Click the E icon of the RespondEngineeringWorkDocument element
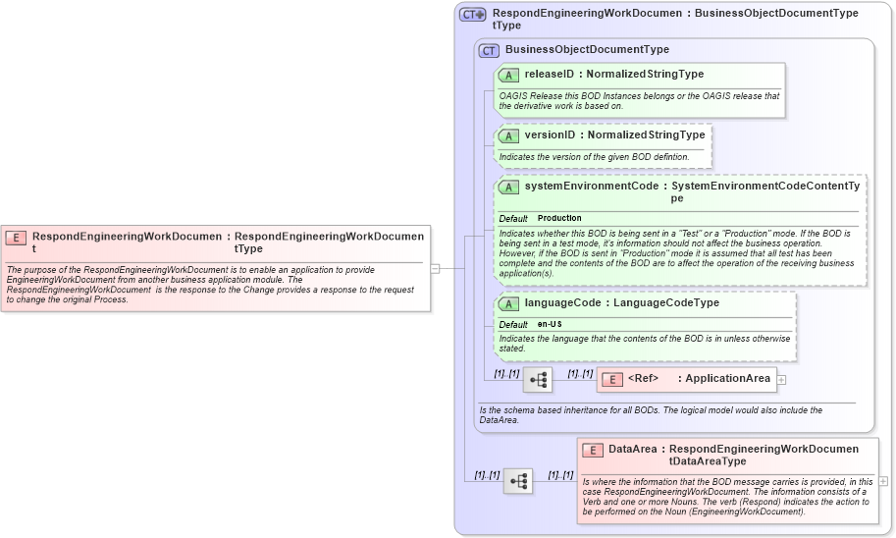click(x=17, y=238)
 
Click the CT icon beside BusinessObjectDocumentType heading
click(x=489, y=50)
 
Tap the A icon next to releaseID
click(x=508, y=75)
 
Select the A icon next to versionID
click(x=508, y=135)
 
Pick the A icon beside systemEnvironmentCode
click(x=508, y=187)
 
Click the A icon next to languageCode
click(x=508, y=303)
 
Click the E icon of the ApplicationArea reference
click(x=611, y=379)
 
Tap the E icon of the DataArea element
click(x=592, y=450)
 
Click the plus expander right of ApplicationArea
click(x=782, y=379)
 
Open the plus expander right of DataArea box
click(x=883, y=481)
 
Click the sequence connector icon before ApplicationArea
click(x=537, y=379)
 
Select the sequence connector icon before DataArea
click(x=518, y=481)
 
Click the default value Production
click(x=559, y=218)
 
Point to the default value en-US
click(x=550, y=324)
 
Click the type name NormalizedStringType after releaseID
click(x=645, y=75)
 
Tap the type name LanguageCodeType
click(x=666, y=303)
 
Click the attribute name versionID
click(x=550, y=135)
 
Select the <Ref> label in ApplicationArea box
click(x=643, y=379)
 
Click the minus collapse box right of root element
click(x=435, y=267)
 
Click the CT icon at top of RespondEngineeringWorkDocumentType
click(x=473, y=15)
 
